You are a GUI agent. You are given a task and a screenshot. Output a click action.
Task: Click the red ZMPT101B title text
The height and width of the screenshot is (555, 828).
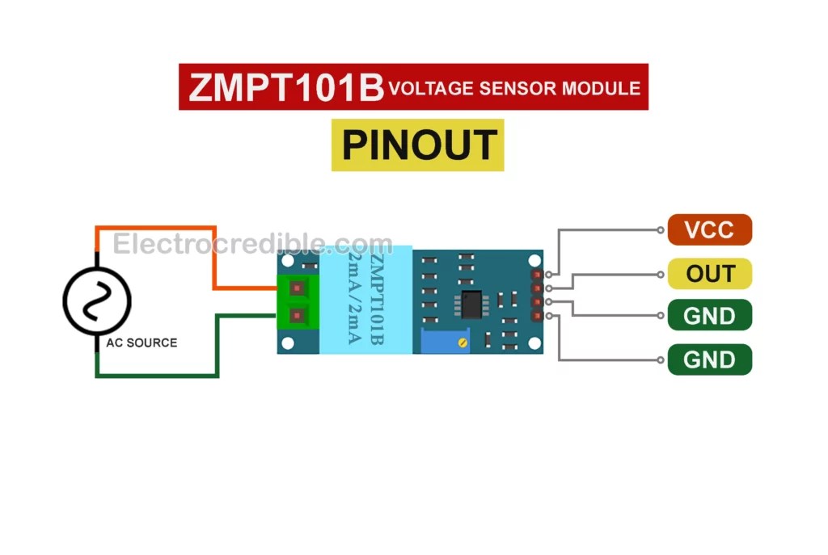[x=285, y=87]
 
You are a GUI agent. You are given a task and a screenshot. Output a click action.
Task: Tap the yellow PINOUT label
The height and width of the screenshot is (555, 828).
[x=418, y=145]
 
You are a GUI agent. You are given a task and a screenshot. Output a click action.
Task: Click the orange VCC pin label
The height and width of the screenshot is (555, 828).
[x=709, y=229]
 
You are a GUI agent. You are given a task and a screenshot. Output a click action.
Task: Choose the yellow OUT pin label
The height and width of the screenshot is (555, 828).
[x=709, y=273]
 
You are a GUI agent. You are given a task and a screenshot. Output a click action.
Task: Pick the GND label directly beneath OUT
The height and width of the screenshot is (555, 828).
[x=709, y=315]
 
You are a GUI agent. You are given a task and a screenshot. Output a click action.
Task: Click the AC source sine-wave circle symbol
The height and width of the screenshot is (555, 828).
[x=97, y=301]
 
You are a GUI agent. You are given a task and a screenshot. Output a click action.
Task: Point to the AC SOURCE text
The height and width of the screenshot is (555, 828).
[x=142, y=343]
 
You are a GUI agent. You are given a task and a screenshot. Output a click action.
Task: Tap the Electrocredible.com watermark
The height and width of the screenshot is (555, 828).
[x=252, y=244]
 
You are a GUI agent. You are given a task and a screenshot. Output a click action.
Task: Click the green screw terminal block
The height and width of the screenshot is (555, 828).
[x=298, y=302]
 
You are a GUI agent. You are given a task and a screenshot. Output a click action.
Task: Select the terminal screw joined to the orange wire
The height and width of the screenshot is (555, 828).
[x=298, y=288]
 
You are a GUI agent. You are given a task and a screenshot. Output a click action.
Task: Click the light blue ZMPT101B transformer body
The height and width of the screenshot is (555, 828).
[x=366, y=299]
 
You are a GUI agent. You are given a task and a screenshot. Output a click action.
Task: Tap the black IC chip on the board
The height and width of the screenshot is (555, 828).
[x=471, y=305]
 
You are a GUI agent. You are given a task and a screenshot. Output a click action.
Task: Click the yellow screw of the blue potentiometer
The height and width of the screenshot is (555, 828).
[x=463, y=343]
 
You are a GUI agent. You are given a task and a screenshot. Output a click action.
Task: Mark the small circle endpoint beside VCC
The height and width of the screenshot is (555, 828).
[x=660, y=230]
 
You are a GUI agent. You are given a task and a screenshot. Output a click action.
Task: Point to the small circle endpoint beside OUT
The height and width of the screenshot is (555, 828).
[x=660, y=275]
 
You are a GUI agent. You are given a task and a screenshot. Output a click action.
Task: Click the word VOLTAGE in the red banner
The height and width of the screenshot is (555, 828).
[x=431, y=88]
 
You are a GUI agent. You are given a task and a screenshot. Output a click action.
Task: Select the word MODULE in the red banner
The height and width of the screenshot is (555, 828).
[x=601, y=88]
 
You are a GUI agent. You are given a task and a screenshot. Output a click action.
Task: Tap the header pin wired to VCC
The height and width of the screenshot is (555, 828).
[x=537, y=275]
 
